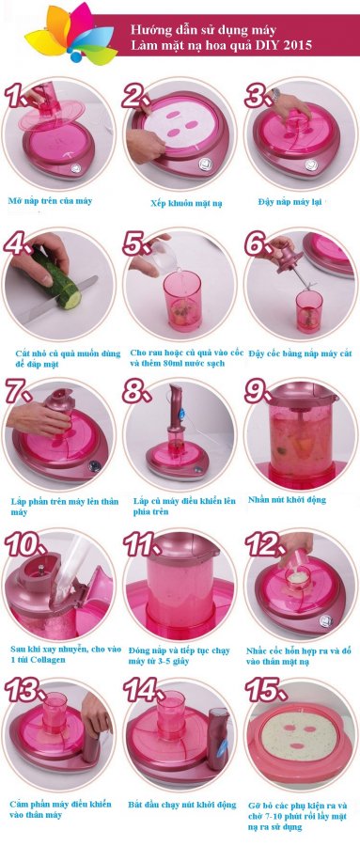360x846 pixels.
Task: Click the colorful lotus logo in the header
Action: point(70,34)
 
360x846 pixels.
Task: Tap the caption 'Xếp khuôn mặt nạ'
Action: point(180,203)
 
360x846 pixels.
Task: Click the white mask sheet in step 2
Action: point(180,126)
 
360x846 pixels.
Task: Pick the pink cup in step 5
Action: point(182,300)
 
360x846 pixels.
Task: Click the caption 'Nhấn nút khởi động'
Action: point(287,500)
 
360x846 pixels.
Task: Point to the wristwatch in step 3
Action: point(275,96)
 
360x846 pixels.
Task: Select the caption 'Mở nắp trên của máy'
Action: point(51,201)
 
